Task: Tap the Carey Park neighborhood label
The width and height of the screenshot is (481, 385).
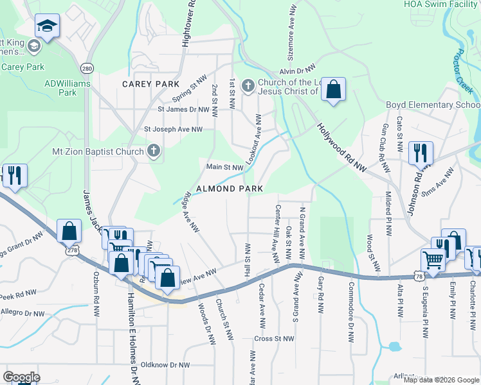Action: click(151, 84)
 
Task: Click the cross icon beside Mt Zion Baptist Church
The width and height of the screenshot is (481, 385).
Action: click(153, 151)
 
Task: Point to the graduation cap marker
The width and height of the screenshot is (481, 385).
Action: click(45, 26)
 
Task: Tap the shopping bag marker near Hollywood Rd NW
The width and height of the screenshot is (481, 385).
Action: click(334, 90)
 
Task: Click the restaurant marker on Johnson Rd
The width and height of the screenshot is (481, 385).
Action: click(421, 153)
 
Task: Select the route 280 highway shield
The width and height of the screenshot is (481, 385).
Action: click(86, 67)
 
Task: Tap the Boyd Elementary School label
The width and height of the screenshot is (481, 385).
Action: click(433, 105)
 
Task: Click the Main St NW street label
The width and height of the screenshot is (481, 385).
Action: click(224, 167)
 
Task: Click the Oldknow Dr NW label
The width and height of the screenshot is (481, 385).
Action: click(165, 364)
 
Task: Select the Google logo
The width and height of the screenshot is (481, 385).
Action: click(21, 377)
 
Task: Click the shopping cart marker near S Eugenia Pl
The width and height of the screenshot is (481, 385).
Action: click(433, 261)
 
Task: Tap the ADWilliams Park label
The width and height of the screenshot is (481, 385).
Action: click(69, 87)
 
